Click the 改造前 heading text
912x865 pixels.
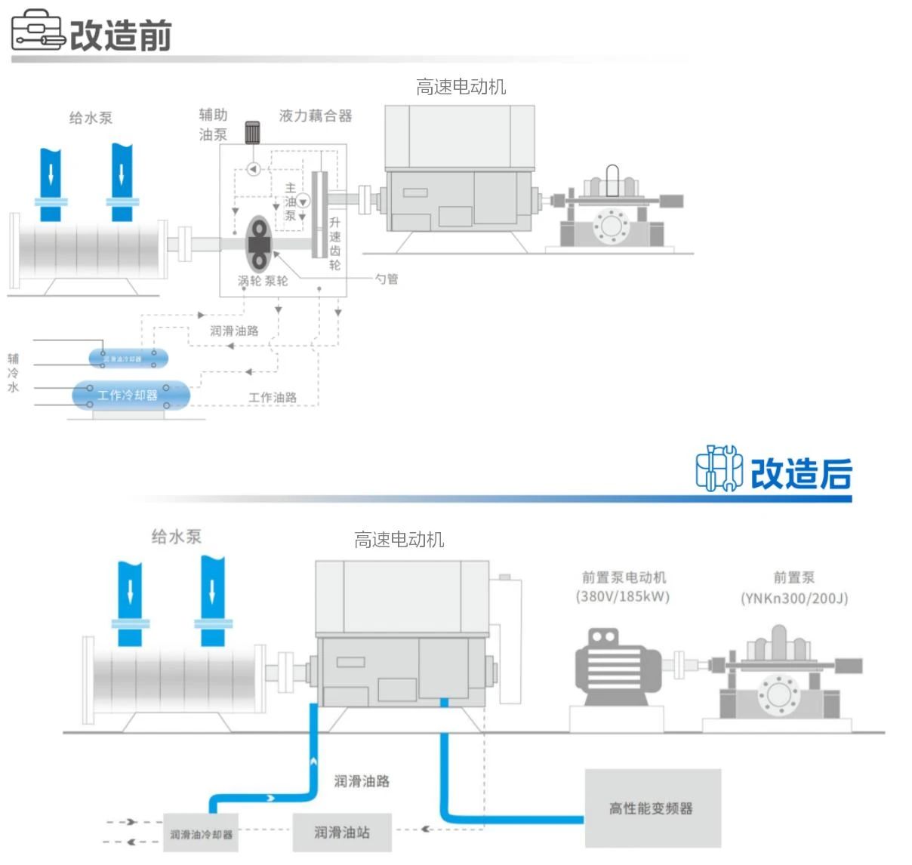(x=121, y=35)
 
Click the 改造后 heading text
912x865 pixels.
(x=801, y=474)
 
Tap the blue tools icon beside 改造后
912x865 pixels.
(x=719, y=469)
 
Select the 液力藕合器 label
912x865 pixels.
(x=316, y=115)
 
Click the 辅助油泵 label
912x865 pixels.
(x=213, y=125)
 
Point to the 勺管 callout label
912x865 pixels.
(x=387, y=279)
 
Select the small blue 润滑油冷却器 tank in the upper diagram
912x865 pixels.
(x=128, y=358)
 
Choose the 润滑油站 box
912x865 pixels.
(x=342, y=832)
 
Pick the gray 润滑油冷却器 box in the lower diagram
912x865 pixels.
(x=201, y=834)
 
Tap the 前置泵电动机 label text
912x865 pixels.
(x=624, y=577)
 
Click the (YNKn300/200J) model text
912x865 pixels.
(x=794, y=599)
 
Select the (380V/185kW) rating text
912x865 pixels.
(x=623, y=596)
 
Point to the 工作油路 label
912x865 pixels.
(x=273, y=397)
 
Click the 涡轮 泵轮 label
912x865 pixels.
(x=263, y=281)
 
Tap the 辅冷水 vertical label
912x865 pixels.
(x=13, y=373)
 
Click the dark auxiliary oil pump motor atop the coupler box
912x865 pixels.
(x=252, y=133)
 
